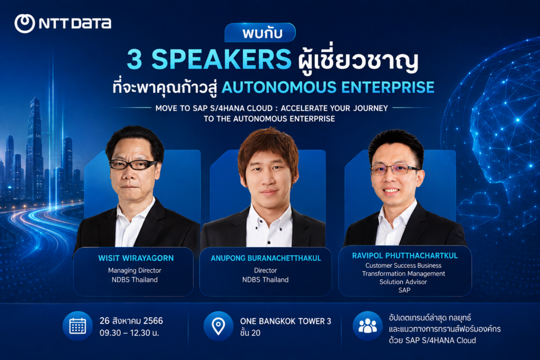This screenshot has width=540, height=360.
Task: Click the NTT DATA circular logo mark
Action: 25,23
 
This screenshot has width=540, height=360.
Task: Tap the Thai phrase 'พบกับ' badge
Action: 260,33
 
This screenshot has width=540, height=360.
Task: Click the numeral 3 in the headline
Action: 134,59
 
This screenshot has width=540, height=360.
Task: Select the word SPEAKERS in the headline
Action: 221,59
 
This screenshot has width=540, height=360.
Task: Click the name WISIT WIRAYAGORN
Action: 136,258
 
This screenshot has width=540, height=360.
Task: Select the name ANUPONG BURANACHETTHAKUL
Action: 266,258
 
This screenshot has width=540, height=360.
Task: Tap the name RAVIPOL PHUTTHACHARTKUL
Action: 404,256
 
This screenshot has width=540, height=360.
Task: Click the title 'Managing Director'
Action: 134,270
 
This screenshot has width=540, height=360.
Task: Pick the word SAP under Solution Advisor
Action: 404,290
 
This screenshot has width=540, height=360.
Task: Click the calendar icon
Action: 78,326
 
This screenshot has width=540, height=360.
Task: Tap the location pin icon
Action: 218,326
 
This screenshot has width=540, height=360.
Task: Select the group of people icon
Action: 368,326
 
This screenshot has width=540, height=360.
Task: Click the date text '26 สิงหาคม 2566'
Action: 131,321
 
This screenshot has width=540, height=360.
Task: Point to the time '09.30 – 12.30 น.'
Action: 129,333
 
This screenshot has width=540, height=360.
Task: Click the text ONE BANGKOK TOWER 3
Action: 285,321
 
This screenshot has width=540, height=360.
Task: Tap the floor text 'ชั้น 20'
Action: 250,333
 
